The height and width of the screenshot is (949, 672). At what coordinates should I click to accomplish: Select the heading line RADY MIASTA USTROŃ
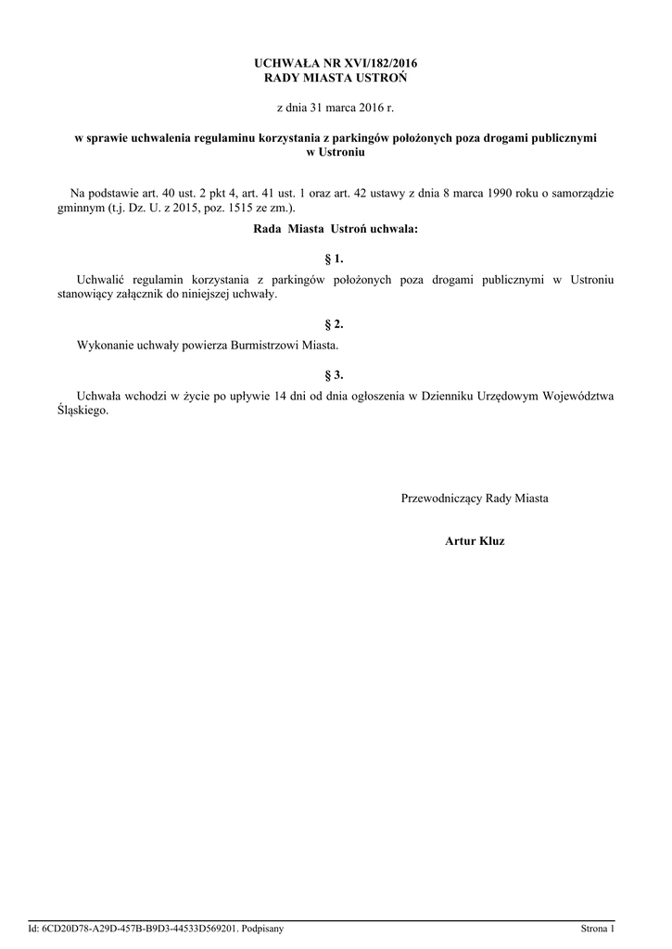(x=336, y=77)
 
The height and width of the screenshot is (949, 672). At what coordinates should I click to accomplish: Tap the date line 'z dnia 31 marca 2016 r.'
(x=336, y=108)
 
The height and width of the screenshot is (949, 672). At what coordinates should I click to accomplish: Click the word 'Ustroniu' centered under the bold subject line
(x=336, y=151)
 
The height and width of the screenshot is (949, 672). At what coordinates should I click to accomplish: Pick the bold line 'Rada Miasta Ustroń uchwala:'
(x=336, y=228)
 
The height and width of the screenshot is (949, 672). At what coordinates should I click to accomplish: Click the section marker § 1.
(x=336, y=259)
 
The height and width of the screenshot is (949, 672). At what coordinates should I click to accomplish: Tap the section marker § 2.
(x=336, y=324)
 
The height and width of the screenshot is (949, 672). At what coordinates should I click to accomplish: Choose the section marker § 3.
(x=336, y=375)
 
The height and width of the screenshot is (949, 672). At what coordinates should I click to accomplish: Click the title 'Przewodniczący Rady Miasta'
(x=475, y=499)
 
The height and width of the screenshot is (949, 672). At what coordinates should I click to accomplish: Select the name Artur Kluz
(x=475, y=539)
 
